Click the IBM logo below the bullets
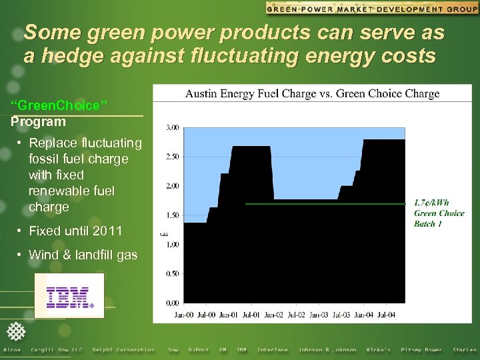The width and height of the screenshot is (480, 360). click(x=69, y=296)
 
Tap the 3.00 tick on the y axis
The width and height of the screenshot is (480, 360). click(x=172, y=127)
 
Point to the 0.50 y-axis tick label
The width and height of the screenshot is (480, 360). click(x=172, y=273)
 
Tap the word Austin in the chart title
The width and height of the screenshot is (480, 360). click(x=201, y=93)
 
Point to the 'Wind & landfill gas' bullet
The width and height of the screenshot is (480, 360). click(x=83, y=255)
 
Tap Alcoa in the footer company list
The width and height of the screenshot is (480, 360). click(x=12, y=350)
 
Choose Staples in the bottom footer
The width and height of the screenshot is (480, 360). click(x=465, y=350)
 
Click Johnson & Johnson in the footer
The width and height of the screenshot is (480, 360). click(x=327, y=350)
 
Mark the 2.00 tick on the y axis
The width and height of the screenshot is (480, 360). click(x=172, y=185)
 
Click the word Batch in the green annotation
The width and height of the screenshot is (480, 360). click(x=425, y=224)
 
